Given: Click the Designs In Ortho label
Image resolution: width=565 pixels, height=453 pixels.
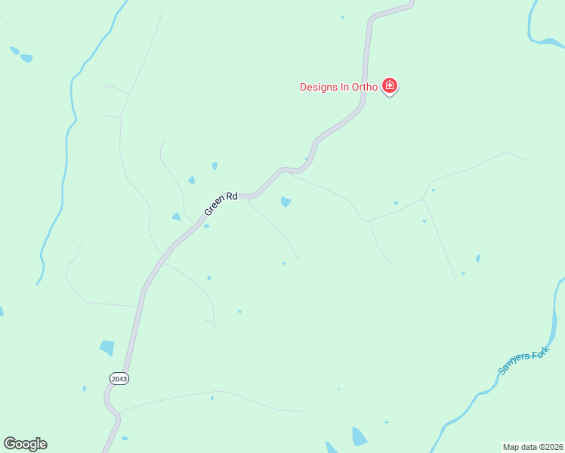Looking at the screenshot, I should [338, 87].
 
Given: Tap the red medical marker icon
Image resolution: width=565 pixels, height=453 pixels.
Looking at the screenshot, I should [390, 86].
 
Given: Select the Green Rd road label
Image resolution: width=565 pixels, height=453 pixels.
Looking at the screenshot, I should [221, 205].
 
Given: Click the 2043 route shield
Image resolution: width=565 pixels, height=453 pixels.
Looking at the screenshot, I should [119, 378].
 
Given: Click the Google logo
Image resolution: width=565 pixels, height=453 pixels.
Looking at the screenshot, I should [25, 444].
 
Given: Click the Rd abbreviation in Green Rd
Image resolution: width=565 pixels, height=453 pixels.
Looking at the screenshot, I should [232, 197].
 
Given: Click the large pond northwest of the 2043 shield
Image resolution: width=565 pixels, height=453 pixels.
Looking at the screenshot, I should [107, 347].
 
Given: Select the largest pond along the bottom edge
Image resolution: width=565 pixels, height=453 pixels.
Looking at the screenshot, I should [360, 436].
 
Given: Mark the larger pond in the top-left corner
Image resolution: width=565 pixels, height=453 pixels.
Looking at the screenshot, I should [27, 58].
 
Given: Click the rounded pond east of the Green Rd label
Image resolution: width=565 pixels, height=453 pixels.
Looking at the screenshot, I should [286, 202].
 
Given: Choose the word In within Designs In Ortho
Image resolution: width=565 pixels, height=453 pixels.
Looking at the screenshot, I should [344, 87].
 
